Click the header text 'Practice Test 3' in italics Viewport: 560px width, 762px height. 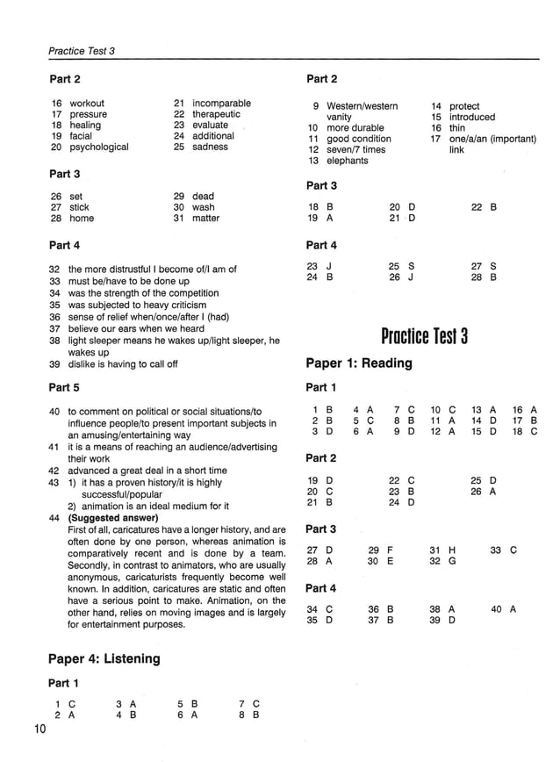click(x=82, y=51)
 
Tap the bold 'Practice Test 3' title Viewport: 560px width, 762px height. click(x=425, y=336)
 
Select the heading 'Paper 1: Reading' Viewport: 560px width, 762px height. click(x=358, y=363)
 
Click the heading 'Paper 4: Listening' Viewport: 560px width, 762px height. click(x=104, y=658)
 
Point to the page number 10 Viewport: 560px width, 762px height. click(x=42, y=730)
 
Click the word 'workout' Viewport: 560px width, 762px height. click(x=87, y=104)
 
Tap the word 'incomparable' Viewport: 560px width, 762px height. click(x=221, y=104)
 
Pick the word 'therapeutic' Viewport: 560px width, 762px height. click(x=216, y=114)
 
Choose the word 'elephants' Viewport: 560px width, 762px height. click(x=348, y=161)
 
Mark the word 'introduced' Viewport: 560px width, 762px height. click(x=472, y=117)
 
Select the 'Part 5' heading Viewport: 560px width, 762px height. click(x=64, y=386)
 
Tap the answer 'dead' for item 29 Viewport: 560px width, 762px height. click(x=203, y=197)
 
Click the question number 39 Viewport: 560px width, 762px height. click(x=54, y=364)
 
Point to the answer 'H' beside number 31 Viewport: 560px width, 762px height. click(x=452, y=550)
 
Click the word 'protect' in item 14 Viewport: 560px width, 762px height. click(x=464, y=106)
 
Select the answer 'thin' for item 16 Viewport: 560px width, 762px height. click(x=457, y=128)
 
